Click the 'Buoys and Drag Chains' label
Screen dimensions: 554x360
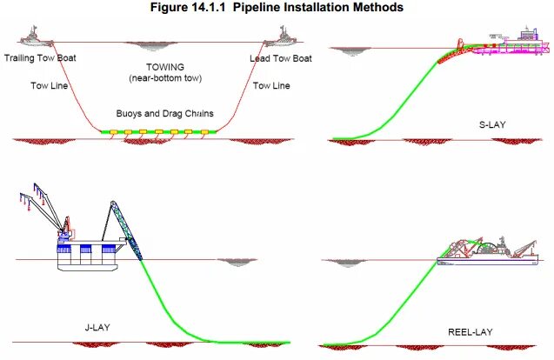[x=165, y=113]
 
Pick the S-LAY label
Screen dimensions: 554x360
[x=493, y=125]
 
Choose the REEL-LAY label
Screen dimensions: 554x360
[x=471, y=330]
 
